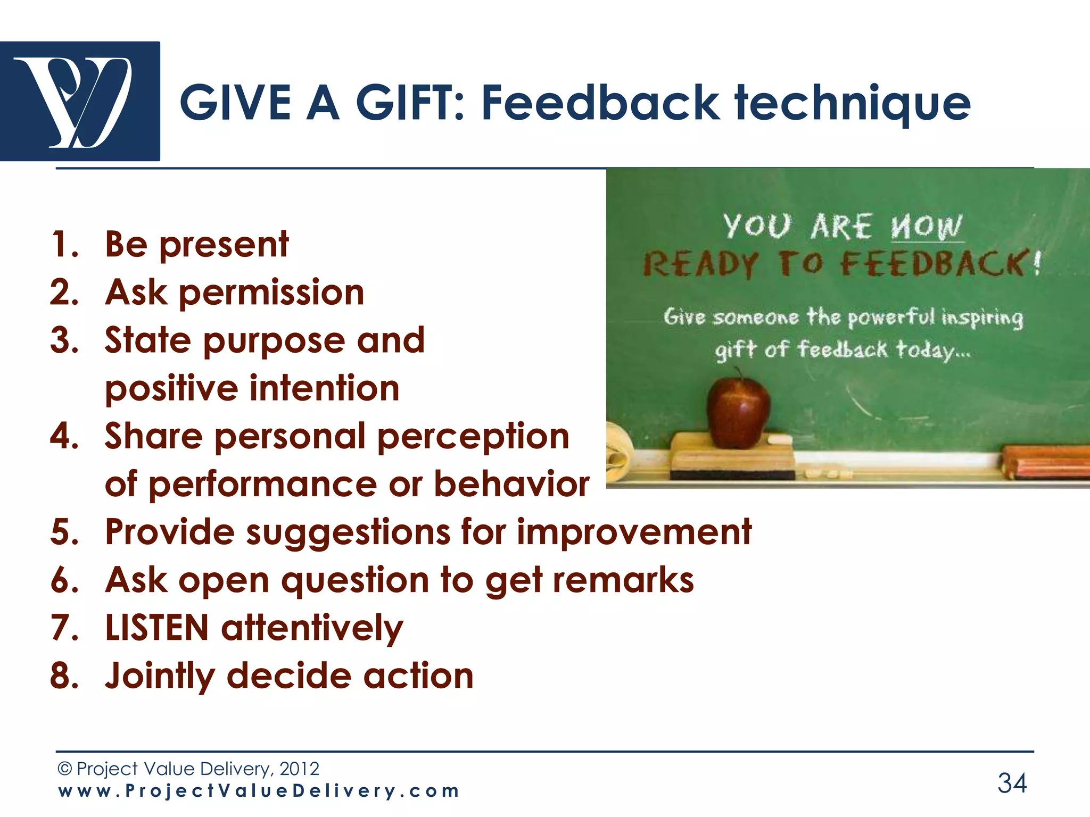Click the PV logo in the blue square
[80, 101]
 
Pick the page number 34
[1012, 783]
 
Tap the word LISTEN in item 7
[156, 628]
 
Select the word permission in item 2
[271, 294]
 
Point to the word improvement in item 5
[634, 532]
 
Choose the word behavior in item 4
[511, 484]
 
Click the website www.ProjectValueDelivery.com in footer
[259, 791]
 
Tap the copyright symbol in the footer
[64, 769]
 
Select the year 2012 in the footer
[299, 769]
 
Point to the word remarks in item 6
[623, 580]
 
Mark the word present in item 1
[224, 246]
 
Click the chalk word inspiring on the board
[982, 318]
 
